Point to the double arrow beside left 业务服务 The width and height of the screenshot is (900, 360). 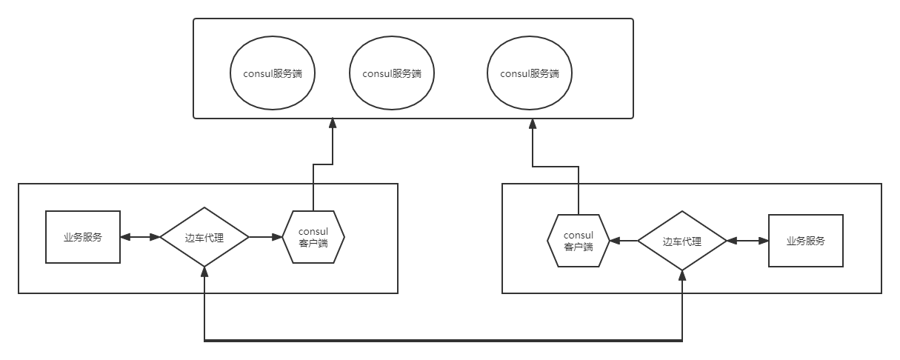pyautogui.click(x=140, y=237)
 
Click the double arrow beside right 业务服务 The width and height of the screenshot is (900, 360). pyautogui.click(x=747, y=241)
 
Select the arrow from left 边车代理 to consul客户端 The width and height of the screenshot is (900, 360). pyautogui.click(x=266, y=237)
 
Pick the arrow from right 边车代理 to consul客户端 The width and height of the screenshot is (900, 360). pyautogui.click(x=624, y=241)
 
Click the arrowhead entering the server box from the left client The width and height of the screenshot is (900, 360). pyautogui.click(x=333, y=124)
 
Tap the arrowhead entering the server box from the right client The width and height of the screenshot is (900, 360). pyautogui.click(x=533, y=124)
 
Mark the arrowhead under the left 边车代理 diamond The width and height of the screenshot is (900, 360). pyautogui.click(x=204, y=272)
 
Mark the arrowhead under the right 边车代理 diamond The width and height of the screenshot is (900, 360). pyautogui.click(x=682, y=276)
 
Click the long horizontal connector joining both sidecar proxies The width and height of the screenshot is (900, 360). pyautogui.click(x=443, y=341)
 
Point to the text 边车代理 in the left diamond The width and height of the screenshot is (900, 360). pyautogui.click(x=204, y=238)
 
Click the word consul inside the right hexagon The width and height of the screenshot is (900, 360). pyautogui.click(x=579, y=235)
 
